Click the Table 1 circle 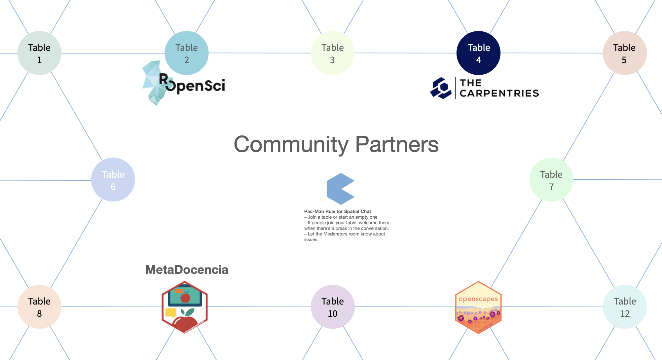click(39, 53)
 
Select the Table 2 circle click(187, 53)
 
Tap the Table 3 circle click(333, 53)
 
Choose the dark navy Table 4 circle click(478, 53)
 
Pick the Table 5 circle click(625, 53)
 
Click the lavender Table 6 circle click(113, 180)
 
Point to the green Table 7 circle click(551, 180)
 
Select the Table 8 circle click(39, 307)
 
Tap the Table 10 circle click(333, 307)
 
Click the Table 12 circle click(625, 307)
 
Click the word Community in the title click(291, 145)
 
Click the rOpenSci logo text click(195, 85)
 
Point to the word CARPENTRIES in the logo click(499, 93)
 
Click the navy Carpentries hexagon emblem click(441, 88)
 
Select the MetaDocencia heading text click(187, 270)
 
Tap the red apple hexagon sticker click(184, 307)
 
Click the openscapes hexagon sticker click(478, 307)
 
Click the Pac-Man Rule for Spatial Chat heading click(337, 211)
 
